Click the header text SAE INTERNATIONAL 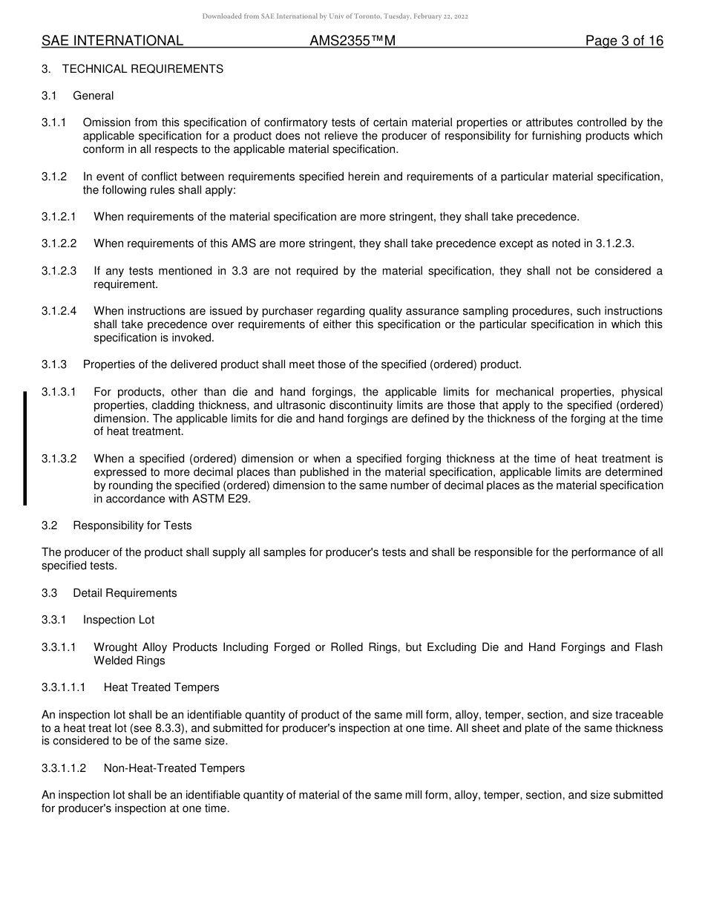112,41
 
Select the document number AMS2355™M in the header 352,41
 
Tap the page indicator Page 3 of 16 624,41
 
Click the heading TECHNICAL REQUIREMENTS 142,69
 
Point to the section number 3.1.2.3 59,271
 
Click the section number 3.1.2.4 59,311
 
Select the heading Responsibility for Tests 132,526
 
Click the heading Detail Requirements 125,593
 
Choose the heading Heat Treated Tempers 161,687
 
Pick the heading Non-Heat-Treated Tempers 174,768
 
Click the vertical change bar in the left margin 24,448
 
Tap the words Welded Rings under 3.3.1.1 129,661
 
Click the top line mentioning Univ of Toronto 335,16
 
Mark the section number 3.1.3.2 59,459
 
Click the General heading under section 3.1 94,96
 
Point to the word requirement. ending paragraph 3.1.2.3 125,284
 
